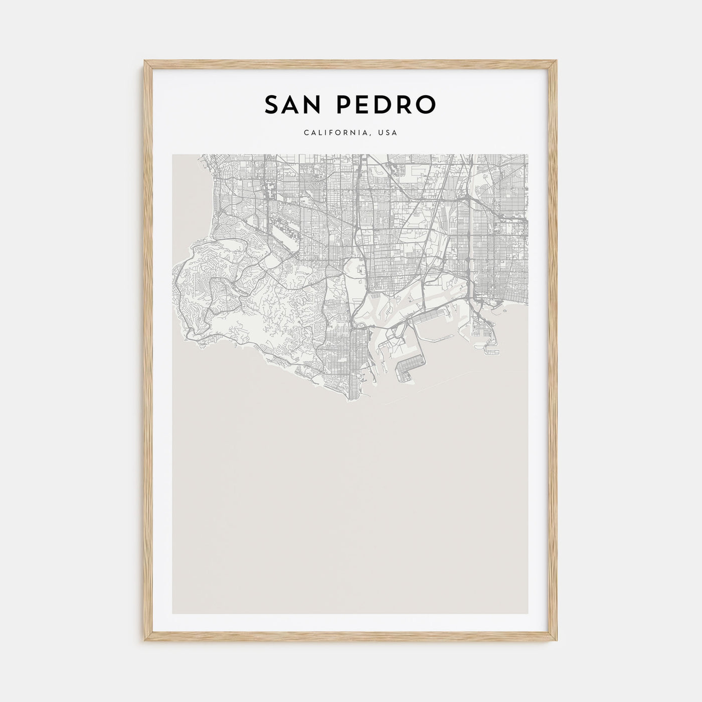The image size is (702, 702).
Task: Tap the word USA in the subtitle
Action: [x=388, y=133]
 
